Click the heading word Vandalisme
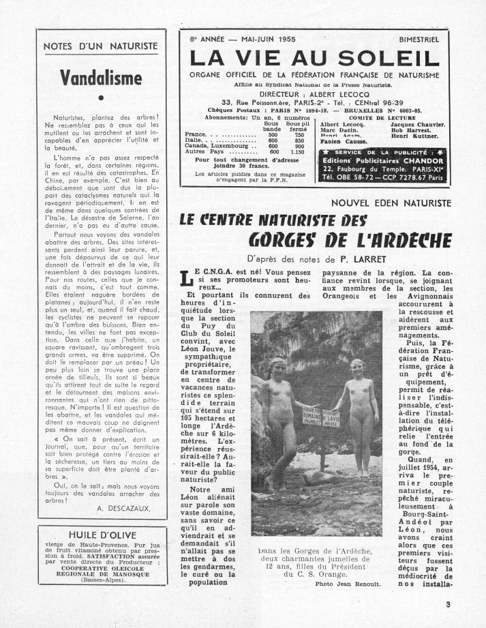click(x=100, y=77)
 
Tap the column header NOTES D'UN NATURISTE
click(x=100, y=46)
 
